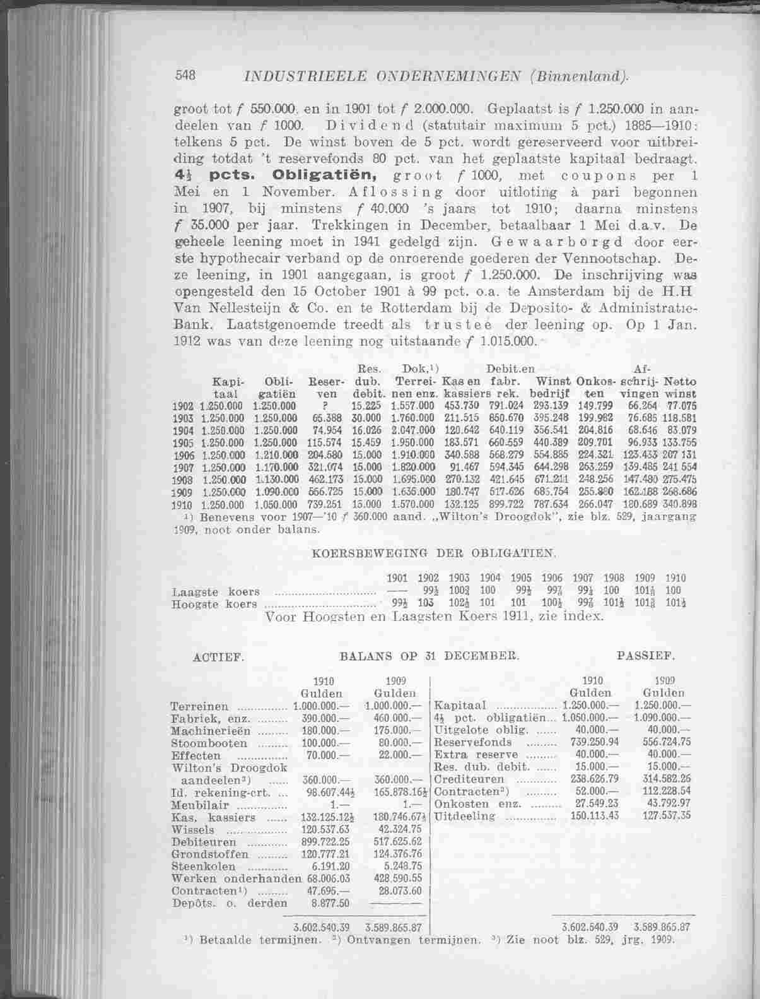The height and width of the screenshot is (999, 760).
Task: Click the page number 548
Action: (x=185, y=75)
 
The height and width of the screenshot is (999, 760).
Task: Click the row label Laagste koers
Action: (x=215, y=592)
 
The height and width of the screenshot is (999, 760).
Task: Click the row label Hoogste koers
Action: (x=214, y=604)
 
